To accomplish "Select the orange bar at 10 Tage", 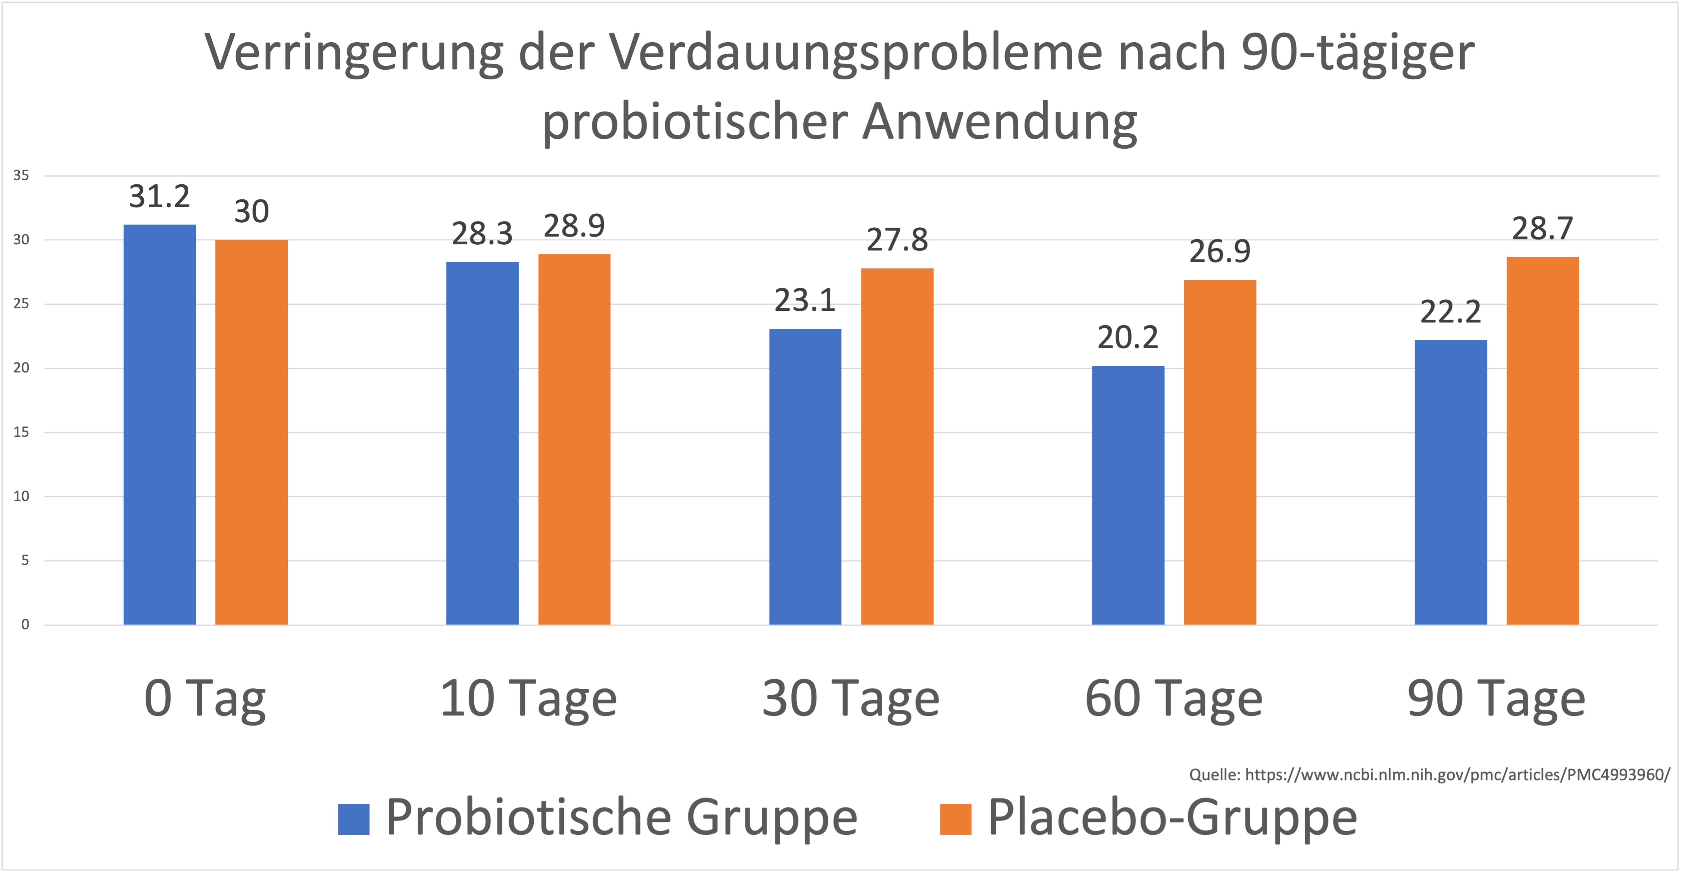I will pos(574,439).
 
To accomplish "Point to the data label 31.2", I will pos(159,196).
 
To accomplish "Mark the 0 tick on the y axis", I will pos(25,624).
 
